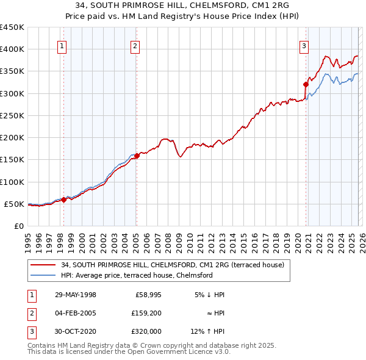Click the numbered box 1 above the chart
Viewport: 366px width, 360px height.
point(63,45)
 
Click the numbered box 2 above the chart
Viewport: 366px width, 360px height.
point(135,45)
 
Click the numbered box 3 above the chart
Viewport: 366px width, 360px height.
point(304,45)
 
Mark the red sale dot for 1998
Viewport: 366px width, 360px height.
point(63,200)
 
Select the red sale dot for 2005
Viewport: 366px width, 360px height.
point(137,156)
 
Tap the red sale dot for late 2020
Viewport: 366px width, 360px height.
point(306,84)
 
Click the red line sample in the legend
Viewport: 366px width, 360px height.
point(43,265)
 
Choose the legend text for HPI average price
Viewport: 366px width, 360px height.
point(136,275)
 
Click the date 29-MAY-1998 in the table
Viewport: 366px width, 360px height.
point(76,295)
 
